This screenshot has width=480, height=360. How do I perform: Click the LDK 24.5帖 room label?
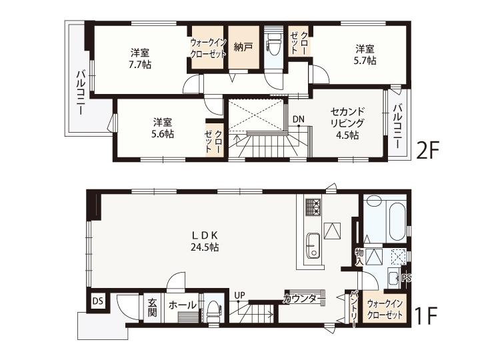(x=205, y=241)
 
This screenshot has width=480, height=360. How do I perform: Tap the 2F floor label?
(x=427, y=150)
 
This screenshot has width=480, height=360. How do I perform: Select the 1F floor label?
(x=425, y=315)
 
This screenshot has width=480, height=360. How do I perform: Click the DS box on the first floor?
(x=98, y=301)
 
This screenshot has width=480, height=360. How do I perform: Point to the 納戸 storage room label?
(x=243, y=47)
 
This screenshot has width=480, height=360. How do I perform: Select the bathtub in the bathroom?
(x=397, y=221)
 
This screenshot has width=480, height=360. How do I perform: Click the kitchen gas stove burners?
(x=313, y=207)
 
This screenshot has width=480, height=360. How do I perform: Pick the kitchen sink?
(x=313, y=245)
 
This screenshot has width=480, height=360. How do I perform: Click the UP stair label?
(x=240, y=295)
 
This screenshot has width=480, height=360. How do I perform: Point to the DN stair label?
(x=298, y=119)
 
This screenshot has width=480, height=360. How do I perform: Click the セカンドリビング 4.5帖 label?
(x=347, y=123)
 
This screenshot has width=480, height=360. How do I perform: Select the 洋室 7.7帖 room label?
(x=140, y=59)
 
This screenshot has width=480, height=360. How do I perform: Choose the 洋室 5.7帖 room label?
(x=365, y=55)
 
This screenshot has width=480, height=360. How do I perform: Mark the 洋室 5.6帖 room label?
(x=163, y=128)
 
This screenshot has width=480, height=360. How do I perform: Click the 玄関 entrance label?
(x=152, y=307)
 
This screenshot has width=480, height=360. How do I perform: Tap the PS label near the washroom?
(x=406, y=278)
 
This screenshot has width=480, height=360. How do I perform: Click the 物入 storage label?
(x=359, y=257)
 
